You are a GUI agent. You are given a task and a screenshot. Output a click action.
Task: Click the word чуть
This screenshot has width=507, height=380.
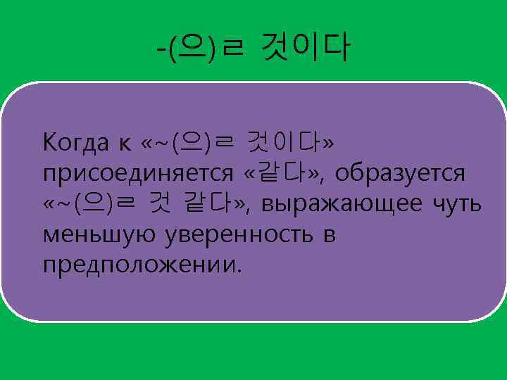[x=457, y=204]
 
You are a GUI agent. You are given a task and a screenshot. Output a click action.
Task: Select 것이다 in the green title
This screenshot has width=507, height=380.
[x=304, y=49]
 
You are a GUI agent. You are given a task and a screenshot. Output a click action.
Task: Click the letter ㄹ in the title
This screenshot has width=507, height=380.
[x=230, y=50]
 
